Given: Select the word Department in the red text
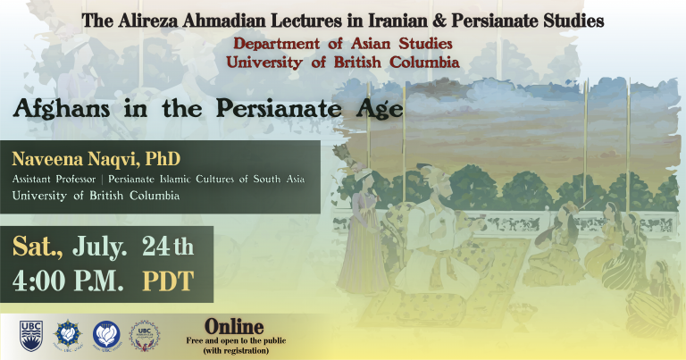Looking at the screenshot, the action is point(277,44).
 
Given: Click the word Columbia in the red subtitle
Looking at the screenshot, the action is point(424,63).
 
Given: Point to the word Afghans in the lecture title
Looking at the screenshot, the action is point(62,108).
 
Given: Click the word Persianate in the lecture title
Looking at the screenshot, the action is point(279,108).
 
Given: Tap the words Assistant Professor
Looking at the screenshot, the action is point(54,180).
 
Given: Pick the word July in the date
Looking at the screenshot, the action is point(99,247).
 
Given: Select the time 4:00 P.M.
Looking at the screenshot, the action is point(68,280).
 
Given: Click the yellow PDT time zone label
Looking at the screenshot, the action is point(168,280).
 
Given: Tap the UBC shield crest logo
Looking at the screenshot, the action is point(31,336).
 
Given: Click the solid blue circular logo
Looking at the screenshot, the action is point(106,335).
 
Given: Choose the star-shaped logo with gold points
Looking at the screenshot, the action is point(68,335).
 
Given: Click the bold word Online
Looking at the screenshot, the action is point(235,327).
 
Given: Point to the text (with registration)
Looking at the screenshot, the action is point(236,350).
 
